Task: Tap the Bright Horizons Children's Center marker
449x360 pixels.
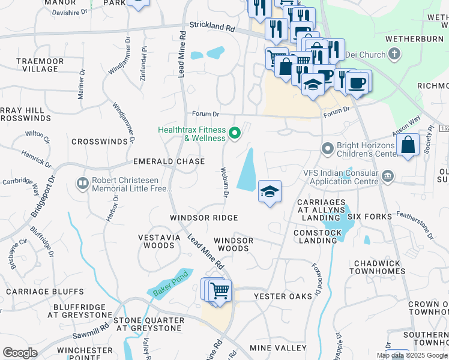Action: tap(328, 148)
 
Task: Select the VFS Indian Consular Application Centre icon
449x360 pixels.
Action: tap(388, 176)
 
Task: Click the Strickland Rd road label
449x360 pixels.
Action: tap(212, 27)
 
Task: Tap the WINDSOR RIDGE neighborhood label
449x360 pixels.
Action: tap(203, 218)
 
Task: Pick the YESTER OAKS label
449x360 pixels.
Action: tap(283, 296)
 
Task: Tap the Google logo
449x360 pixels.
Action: tap(19, 353)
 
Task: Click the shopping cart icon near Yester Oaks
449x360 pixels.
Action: tap(220, 291)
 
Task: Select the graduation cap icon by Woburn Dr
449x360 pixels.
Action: tap(270, 192)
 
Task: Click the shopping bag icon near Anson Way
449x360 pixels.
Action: tap(408, 145)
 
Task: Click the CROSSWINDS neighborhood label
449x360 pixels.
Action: tap(100, 142)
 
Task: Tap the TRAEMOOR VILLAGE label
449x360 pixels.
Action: tap(37, 65)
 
